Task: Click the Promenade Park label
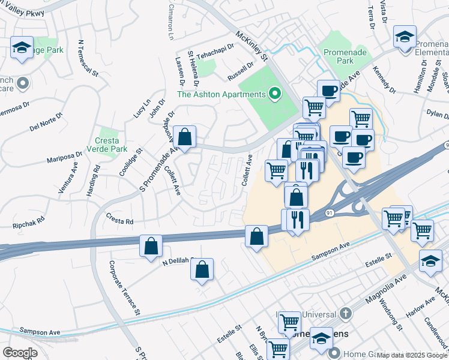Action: pyautogui.click(x=344, y=56)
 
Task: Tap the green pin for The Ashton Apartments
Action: pyautogui.click(x=275, y=94)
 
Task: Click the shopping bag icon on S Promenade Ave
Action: pyautogui.click(x=186, y=137)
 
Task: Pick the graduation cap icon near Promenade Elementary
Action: pyautogui.click(x=405, y=37)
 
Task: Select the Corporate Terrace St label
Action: pyautogui.click(x=125, y=287)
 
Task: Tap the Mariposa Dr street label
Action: pyautogui.click(x=64, y=157)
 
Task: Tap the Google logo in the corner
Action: pyautogui.click(x=20, y=352)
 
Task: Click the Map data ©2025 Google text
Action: pyautogui.click(x=411, y=355)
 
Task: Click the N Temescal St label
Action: pyautogui.click(x=88, y=58)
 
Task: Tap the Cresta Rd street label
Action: pyautogui.click(x=120, y=221)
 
